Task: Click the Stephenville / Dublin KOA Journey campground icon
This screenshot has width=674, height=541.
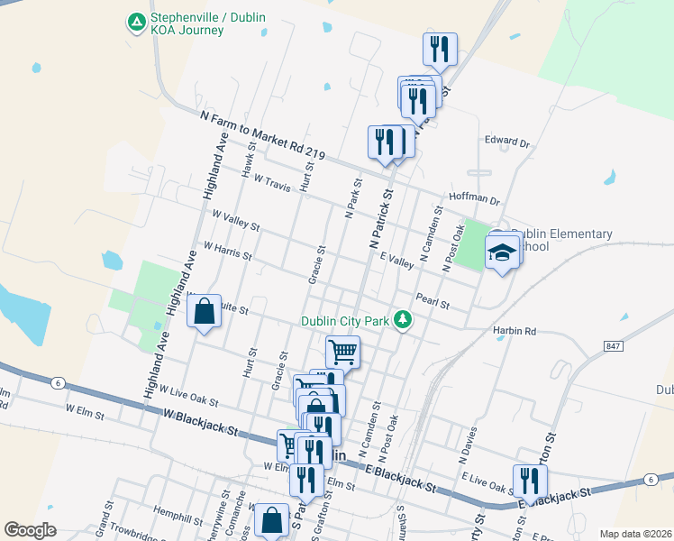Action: coord(136,21)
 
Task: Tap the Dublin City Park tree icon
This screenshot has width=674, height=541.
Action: coord(405,320)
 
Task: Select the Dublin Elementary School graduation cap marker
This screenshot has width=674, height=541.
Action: coord(502,251)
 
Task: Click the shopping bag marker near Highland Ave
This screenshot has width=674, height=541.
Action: coord(205,311)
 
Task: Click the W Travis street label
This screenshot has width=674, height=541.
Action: coord(272,183)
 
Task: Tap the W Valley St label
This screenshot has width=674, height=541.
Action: coord(235,220)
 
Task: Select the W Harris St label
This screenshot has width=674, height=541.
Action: coord(228,250)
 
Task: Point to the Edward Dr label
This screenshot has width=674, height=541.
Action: coord(507,142)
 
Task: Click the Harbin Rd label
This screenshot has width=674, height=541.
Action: coord(515,331)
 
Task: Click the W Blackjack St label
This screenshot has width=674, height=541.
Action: coord(201,422)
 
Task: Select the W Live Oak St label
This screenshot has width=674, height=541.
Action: coord(189,393)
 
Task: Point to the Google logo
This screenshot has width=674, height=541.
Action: coord(31,529)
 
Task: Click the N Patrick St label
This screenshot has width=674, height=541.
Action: coord(381,219)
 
